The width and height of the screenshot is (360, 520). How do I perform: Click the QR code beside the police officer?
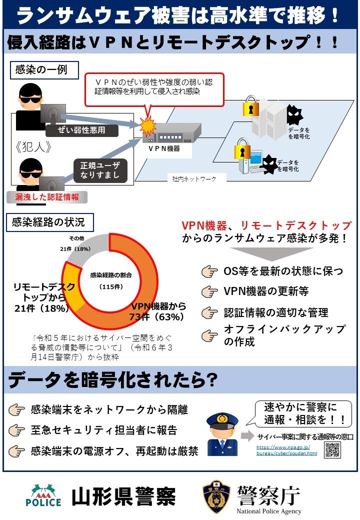click(x=332, y=449)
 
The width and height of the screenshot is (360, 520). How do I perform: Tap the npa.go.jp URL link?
click(x=287, y=449)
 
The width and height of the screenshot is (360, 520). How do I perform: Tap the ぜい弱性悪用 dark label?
click(x=82, y=131)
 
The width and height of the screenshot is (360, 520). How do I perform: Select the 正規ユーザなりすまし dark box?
click(x=100, y=170)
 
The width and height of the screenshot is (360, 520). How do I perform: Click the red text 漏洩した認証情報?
click(x=47, y=196)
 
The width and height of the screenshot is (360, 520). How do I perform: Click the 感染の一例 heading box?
click(x=45, y=69)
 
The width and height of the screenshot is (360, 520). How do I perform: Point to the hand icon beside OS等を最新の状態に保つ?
click(x=210, y=271)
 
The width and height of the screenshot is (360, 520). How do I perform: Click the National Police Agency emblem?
click(x=216, y=497)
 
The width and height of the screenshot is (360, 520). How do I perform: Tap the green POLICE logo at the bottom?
click(x=43, y=496)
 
